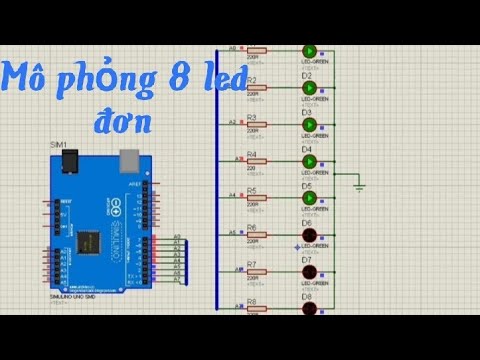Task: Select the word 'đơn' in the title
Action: pyautogui.click(x=125, y=122)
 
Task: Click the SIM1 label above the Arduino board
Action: pyautogui.click(x=59, y=146)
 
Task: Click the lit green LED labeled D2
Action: pyautogui.click(x=308, y=87)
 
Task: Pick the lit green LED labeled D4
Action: pyautogui.click(x=308, y=161)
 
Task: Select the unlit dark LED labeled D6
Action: pyautogui.click(x=308, y=236)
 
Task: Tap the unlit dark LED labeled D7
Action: pyautogui.click(x=308, y=272)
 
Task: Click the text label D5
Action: pyautogui.click(x=307, y=185)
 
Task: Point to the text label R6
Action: pyautogui.click(x=252, y=227)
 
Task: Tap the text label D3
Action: pyautogui.click(x=307, y=111)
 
